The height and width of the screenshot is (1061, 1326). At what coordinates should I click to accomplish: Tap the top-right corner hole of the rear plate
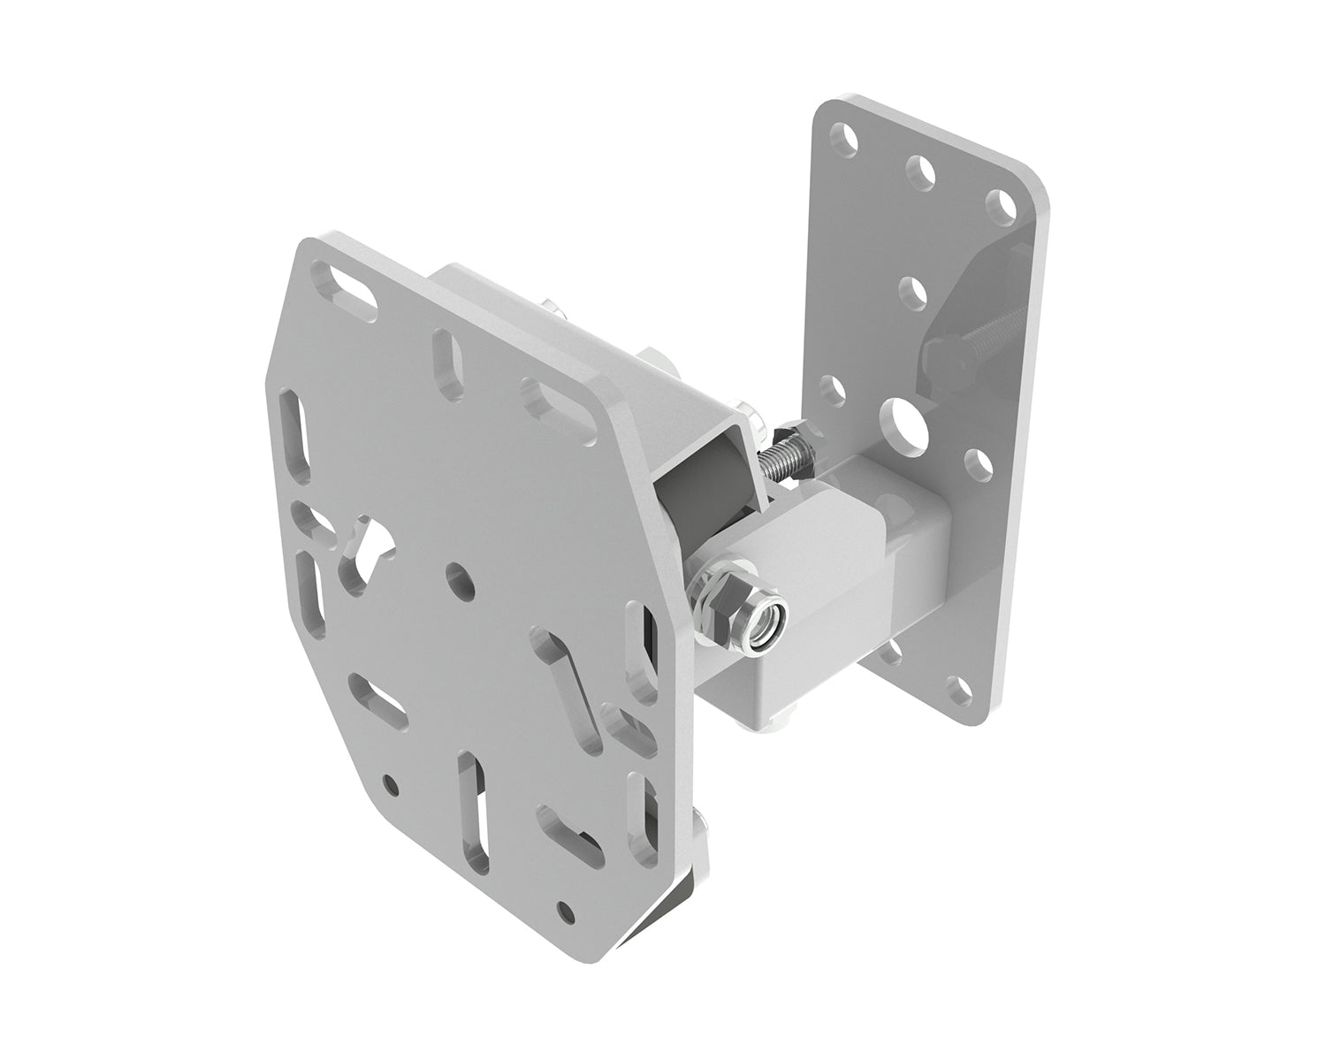1000,204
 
